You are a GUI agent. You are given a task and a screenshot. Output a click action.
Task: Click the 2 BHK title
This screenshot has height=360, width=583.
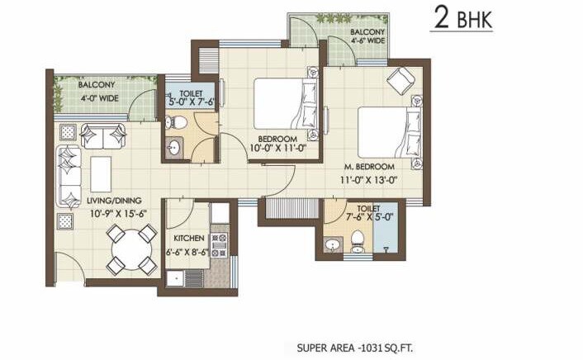(x=462, y=18)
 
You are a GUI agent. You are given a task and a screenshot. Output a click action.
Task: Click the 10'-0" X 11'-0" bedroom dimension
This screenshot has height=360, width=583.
(x=278, y=149)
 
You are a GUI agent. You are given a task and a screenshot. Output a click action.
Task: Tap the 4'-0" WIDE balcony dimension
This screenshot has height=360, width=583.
(x=97, y=97)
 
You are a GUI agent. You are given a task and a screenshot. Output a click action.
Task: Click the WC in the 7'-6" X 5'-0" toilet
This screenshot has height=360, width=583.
(x=358, y=239)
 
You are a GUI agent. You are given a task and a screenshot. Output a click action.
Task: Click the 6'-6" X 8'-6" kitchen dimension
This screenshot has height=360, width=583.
(x=189, y=252)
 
